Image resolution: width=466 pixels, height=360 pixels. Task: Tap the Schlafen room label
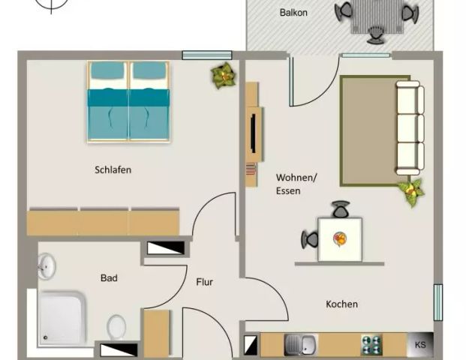click(113, 169)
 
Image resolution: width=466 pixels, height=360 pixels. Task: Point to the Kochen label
click(341, 304)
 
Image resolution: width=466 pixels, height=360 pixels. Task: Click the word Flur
click(204, 283)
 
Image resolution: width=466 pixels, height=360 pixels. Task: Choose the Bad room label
click(109, 277)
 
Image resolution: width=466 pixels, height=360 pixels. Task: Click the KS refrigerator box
click(419, 345)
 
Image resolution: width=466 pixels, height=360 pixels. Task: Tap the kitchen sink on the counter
click(301, 345)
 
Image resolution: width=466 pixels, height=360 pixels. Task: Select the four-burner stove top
click(371, 345)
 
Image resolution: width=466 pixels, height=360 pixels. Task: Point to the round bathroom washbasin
click(47, 265)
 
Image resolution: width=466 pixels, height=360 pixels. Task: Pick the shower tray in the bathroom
click(65, 319)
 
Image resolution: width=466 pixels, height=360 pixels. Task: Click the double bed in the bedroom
click(128, 101)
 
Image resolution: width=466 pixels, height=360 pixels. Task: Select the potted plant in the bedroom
click(222, 75)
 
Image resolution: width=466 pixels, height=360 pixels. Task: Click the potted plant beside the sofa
click(411, 191)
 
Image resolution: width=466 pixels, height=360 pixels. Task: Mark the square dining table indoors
click(339, 239)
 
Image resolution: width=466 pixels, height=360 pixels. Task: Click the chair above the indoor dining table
click(341, 209)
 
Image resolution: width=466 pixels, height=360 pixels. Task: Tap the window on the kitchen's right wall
click(437, 302)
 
